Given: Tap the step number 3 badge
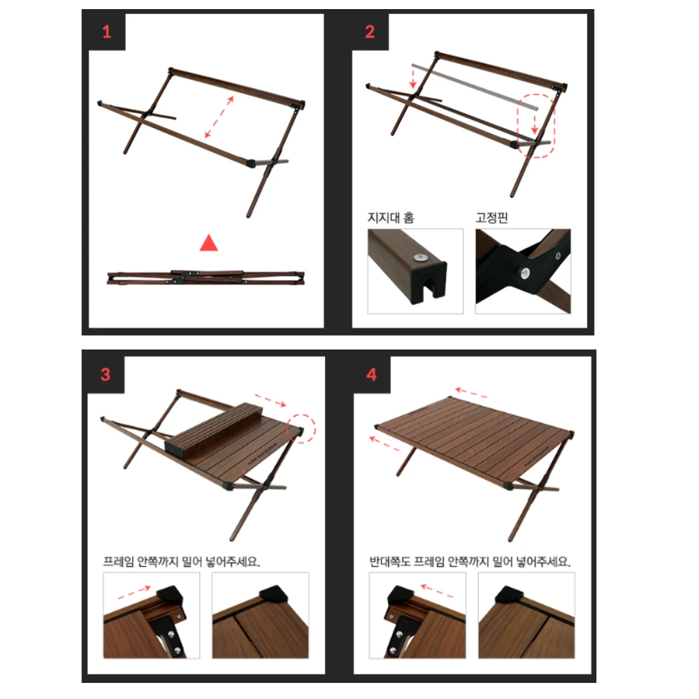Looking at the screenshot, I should [106, 375].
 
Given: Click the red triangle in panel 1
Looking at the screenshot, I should [209, 243].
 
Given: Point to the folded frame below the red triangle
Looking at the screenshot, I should [203, 277].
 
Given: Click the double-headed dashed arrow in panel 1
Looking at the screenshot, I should [219, 117].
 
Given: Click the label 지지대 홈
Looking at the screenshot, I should [391, 217].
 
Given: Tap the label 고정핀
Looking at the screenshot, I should [491, 217].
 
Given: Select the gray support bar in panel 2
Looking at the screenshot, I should [475, 87].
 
